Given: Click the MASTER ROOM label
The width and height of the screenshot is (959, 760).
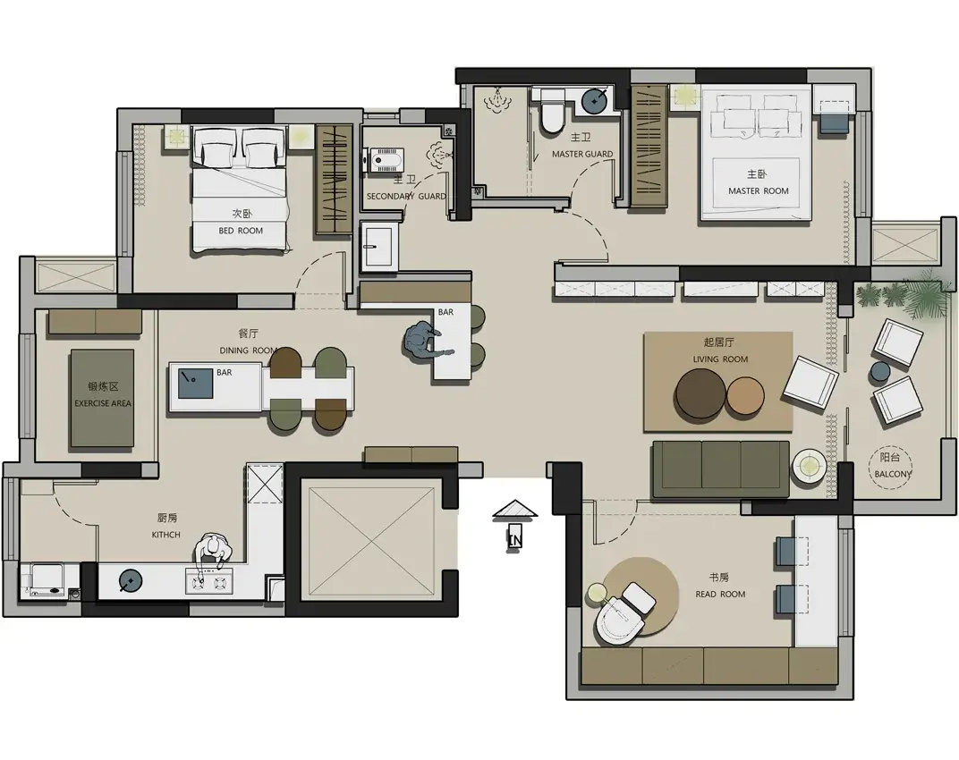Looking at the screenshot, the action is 758,190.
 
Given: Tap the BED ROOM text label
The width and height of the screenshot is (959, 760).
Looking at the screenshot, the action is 241,231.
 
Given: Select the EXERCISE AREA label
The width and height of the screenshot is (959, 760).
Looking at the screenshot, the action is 103,403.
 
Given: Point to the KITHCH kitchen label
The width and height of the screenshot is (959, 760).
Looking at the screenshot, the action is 166,535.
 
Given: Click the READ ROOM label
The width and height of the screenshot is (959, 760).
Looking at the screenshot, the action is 720,594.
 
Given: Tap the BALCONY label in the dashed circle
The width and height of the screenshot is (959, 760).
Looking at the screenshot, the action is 892,474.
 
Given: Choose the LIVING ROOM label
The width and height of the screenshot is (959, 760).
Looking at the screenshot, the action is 720,359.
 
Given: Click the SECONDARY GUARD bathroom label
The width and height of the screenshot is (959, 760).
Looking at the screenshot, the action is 406,197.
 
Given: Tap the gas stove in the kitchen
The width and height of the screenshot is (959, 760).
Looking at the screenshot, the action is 209,581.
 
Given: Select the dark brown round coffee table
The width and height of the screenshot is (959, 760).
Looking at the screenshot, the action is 700,393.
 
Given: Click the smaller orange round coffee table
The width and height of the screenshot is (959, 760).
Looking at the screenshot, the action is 745,395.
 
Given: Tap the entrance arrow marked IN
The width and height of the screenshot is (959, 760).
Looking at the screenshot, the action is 515,527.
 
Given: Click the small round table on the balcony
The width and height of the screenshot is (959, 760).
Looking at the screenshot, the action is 880,371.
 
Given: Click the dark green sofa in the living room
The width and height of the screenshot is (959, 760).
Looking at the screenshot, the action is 721,469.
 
